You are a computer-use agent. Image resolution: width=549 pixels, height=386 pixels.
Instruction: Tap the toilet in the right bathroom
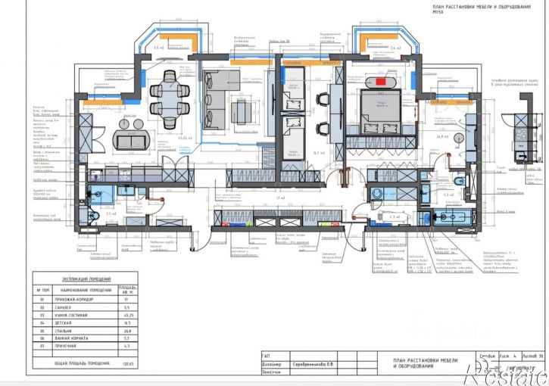pos(460,184)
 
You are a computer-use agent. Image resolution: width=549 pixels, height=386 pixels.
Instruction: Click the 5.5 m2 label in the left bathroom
pos(111,214)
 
